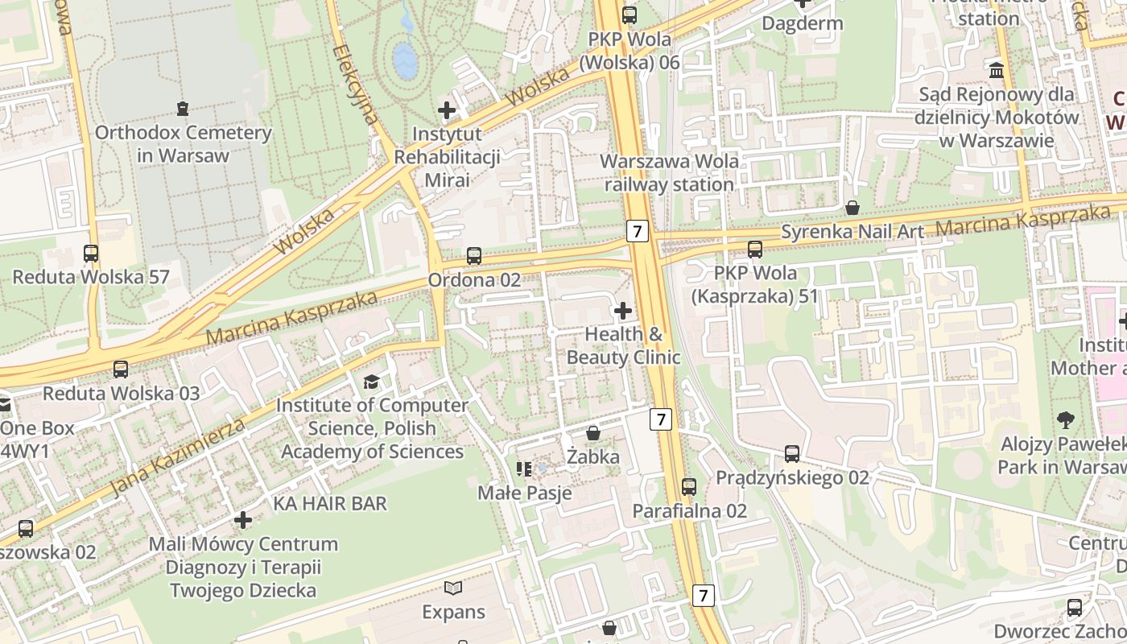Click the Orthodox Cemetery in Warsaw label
coord(184,144)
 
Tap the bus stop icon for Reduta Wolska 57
coord(91,254)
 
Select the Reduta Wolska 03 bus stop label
coord(121,394)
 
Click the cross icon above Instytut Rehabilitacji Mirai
coord(447,109)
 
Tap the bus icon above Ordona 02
coord(474,256)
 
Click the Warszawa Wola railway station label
coord(670,172)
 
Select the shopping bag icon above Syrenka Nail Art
coord(852,208)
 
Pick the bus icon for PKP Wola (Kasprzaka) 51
coord(755,250)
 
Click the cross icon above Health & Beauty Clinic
coord(622,310)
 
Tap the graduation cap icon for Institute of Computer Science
coord(371,382)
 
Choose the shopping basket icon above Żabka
coord(593,433)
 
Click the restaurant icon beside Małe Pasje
coord(524,469)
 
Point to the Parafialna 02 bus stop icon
coord(689,486)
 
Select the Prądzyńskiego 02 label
coord(792,477)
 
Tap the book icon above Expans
coord(454,588)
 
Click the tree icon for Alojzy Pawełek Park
coord(1065,419)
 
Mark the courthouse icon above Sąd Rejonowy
coord(997,70)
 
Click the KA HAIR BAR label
coord(330,504)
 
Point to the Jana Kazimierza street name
coord(176,457)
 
